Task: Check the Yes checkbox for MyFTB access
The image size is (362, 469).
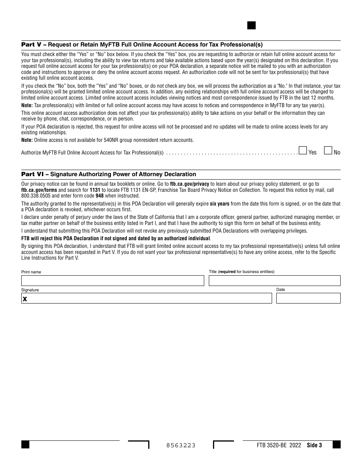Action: click(x=303, y=151)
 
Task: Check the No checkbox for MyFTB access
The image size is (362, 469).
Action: click(x=328, y=151)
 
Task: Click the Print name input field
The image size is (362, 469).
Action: click(x=112, y=281)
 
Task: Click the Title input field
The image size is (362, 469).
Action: click(x=274, y=281)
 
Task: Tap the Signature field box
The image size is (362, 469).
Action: click(x=147, y=298)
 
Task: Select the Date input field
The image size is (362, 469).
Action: click(x=308, y=298)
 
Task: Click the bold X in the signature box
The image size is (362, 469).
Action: click(x=25, y=299)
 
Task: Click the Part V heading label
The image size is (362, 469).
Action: click(x=32, y=45)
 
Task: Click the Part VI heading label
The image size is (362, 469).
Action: click(x=34, y=174)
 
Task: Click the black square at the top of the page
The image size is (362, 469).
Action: click(x=251, y=26)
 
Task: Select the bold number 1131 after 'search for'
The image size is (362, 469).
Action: click(x=95, y=190)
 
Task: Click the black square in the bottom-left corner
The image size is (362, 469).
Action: click(x=25, y=445)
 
